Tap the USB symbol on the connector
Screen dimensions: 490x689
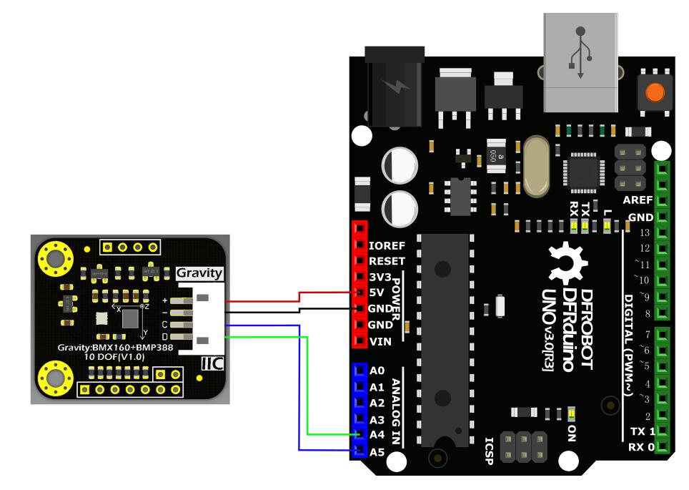click(580, 52)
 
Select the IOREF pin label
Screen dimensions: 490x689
click(387, 245)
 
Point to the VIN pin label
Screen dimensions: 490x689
click(380, 341)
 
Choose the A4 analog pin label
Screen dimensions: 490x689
click(377, 434)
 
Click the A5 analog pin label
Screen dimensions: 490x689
click(377, 451)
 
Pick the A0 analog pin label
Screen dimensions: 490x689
click(377, 371)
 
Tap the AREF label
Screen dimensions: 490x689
click(638, 201)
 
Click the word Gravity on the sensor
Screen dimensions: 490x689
click(199, 273)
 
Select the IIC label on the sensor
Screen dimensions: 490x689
click(212, 363)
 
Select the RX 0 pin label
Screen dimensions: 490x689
click(642, 448)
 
